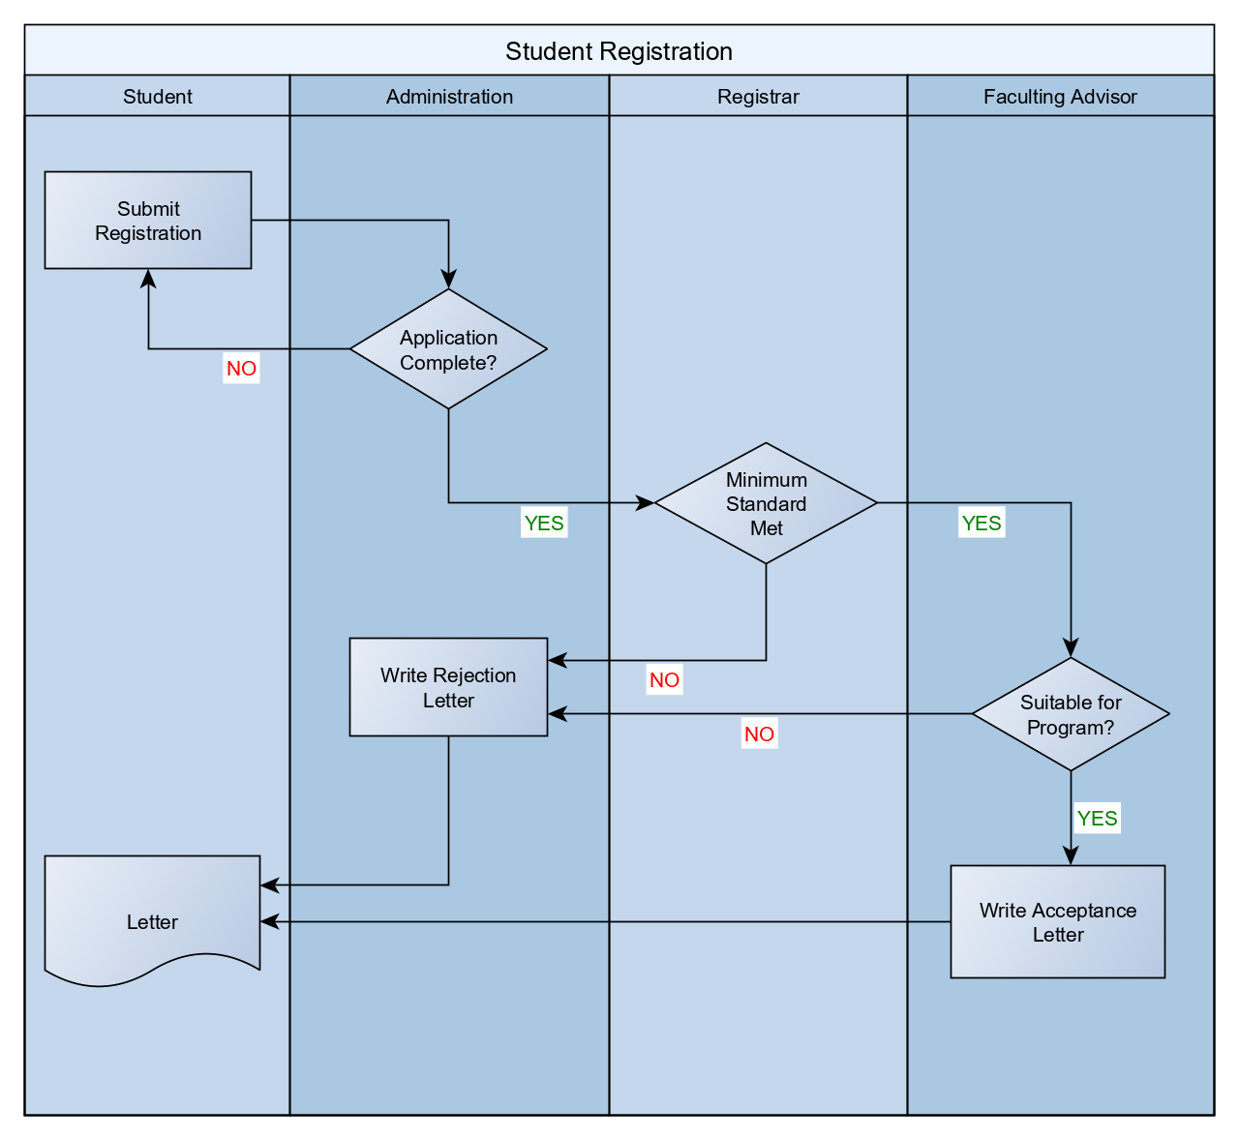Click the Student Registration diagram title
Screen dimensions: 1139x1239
619,51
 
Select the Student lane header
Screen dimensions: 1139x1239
157,97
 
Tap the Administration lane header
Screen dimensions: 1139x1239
449,97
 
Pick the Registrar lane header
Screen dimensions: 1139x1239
758,97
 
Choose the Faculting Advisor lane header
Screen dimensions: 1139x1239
1060,97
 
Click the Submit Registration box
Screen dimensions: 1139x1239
148,221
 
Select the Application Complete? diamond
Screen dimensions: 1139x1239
448,349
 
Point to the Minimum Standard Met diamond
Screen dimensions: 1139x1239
766,503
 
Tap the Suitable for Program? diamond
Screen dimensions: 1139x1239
1071,714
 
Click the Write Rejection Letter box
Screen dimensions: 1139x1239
448,687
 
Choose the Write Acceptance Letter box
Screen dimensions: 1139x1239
1057,922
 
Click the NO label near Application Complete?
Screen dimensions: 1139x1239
241,369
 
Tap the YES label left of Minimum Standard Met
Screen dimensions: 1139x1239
543,524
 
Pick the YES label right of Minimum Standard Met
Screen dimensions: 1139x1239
981,524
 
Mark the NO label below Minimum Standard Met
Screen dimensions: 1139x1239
664,680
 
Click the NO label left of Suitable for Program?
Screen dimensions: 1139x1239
759,734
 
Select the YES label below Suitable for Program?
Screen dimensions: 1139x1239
1097,819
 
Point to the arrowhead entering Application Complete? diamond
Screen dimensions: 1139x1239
448,280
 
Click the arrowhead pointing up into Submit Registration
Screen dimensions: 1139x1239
148,278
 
